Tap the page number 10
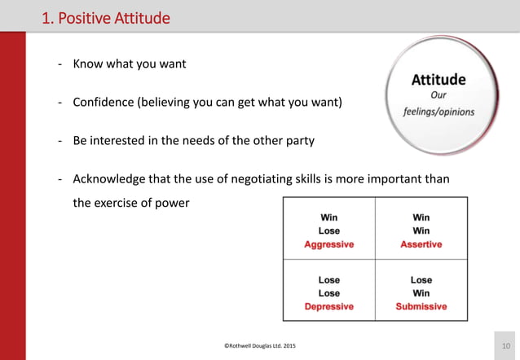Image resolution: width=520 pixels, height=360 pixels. click(x=506, y=347)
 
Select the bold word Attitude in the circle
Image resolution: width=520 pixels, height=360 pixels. click(x=438, y=80)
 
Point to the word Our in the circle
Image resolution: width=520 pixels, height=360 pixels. click(x=438, y=95)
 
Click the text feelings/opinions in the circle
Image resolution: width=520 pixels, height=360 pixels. click(x=438, y=111)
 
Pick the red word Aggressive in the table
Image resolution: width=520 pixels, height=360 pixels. click(x=328, y=244)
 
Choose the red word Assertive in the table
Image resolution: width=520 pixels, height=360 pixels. click(x=421, y=244)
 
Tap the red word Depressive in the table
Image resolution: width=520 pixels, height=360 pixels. click(x=328, y=306)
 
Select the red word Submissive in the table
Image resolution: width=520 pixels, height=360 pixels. click(x=421, y=306)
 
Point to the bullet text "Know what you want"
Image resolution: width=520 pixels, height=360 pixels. click(x=129, y=64)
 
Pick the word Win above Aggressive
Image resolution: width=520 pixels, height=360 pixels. click(x=328, y=217)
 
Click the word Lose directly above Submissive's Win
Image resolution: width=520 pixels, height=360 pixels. click(x=421, y=280)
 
